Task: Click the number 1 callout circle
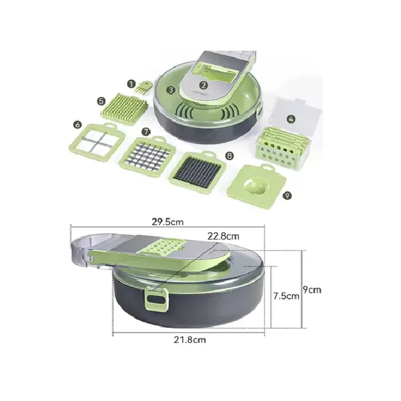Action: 131,84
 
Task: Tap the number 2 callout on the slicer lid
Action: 204,85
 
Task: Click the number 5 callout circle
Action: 101,101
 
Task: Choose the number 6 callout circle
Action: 78,125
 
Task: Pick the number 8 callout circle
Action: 230,156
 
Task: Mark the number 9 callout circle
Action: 287,196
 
